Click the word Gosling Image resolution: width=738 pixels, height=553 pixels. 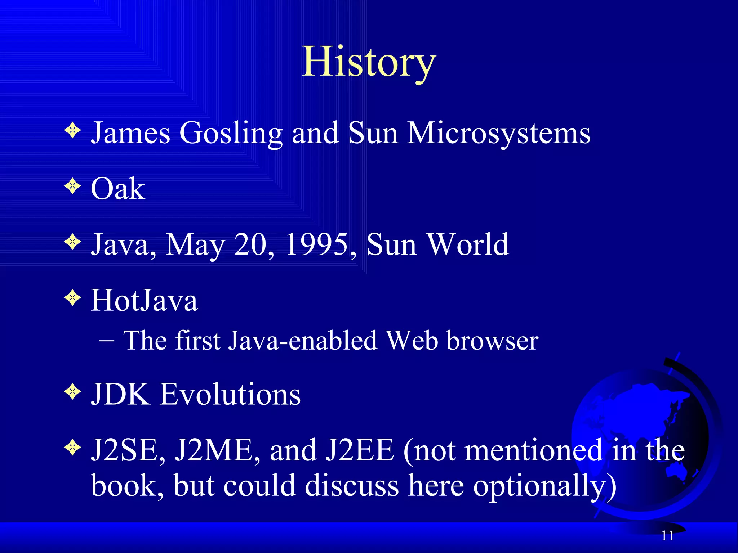[x=231, y=133]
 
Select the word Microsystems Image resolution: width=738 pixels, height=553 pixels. [x=499, y=133]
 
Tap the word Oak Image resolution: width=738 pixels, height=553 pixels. [x=117, y=189]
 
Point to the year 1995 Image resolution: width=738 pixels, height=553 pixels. [x=317, y=244]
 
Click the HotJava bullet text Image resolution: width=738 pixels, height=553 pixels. [x=144, y=300]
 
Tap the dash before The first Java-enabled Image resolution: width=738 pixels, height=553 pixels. [x=107, y=341]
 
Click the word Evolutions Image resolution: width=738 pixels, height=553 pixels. [x=230, y=394]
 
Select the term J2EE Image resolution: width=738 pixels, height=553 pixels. [x=360, y=450]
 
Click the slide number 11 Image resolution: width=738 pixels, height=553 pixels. [x=667, y=536]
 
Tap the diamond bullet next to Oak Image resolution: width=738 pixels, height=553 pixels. [x=73, y=186]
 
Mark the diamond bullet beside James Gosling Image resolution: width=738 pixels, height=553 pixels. [x=73, y=130]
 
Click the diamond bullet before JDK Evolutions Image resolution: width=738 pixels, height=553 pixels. [x=73, y=391]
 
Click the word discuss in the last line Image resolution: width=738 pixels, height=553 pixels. [x=352, y=486]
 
